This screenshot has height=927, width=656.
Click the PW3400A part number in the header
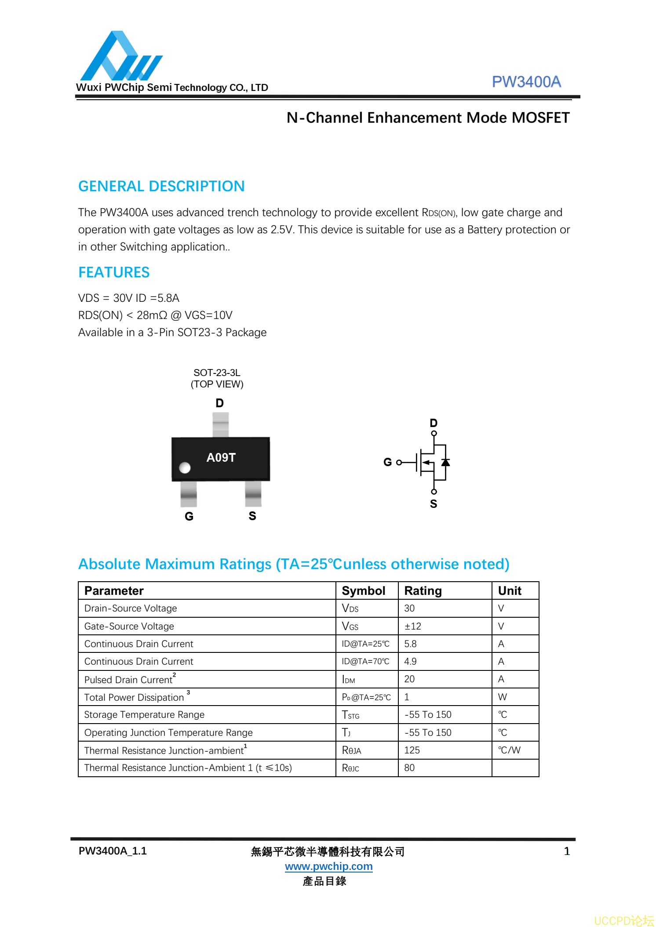(x=526, y=82)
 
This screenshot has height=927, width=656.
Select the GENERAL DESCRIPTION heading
(x=161, y=186)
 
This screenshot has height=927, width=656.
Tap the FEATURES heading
(x=114, y=272)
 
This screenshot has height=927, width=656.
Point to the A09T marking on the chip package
(x=221, y=457)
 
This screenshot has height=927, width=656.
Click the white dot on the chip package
(x=185, y=468)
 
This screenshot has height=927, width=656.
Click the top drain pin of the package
(x=220, y=424)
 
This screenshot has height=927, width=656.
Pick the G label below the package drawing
(x=189, y=516)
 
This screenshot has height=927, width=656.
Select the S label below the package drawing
(x=252, y=516)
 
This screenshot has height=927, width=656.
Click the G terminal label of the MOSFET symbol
(x=387, y=462)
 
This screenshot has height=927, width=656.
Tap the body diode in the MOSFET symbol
(x=445, y=462)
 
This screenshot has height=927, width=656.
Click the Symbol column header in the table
(x=363, y=591)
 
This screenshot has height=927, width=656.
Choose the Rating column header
(x=423, y=591)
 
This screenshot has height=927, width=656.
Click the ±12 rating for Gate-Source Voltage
(x=412, y=626)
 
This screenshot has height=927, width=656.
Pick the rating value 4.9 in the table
(x=410, y=662)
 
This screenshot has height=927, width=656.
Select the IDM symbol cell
(x=348, y=680)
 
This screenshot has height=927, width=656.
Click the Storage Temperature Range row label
(x=144, y=715)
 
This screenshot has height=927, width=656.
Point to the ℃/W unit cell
(x=509, y=750)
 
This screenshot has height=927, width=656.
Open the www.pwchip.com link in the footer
(x=328, y=866)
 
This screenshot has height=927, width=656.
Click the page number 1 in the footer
(x=567, y=851)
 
